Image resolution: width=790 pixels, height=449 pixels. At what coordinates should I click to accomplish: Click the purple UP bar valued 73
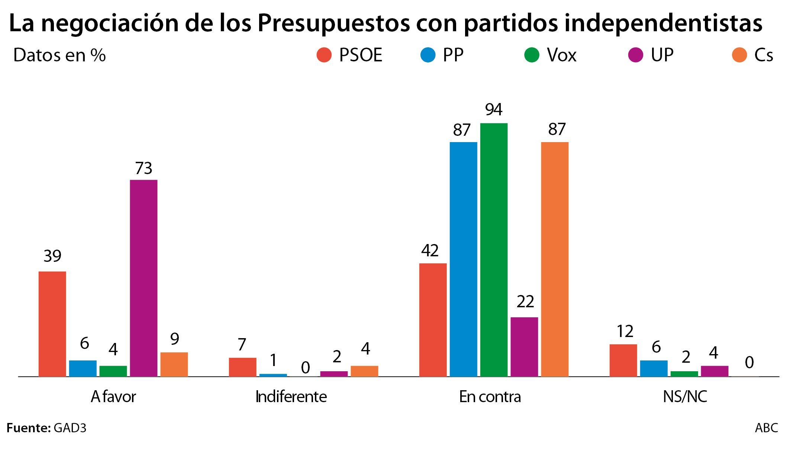pos(144,278)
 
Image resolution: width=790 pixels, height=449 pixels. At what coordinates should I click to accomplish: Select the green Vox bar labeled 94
pos(494,250)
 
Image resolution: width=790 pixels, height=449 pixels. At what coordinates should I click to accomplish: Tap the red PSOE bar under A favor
pos(52,324)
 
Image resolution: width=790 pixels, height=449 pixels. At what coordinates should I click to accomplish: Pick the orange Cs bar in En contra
pos(555,259)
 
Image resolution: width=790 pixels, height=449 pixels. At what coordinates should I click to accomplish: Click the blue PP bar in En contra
pos(463,259)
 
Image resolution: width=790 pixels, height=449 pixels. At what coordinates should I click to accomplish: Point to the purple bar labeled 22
pos(524,347)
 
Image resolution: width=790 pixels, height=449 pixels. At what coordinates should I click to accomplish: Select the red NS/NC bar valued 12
pos(623,360)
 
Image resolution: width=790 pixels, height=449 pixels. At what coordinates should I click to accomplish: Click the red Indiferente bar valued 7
pos(242,367)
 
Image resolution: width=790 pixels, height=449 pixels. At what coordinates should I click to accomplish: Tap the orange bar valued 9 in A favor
pos(174,365)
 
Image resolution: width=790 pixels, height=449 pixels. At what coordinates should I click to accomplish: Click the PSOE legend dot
pos(324,55)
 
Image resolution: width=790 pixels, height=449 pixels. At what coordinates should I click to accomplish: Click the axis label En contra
pos(490,397)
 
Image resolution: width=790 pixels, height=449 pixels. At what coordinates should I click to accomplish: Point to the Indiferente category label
pos(291,397)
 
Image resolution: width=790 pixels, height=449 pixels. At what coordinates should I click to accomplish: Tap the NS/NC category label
pos(685,397)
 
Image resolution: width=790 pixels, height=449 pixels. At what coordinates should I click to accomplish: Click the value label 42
pos(430,251)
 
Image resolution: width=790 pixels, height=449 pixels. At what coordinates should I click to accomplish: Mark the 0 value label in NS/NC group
pos(749,363)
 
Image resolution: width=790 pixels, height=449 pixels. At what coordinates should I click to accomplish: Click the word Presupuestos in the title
pos(333,23)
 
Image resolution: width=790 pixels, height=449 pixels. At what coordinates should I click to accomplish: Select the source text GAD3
pos(70,428)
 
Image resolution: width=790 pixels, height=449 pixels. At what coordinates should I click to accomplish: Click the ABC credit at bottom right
pos(766,428)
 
